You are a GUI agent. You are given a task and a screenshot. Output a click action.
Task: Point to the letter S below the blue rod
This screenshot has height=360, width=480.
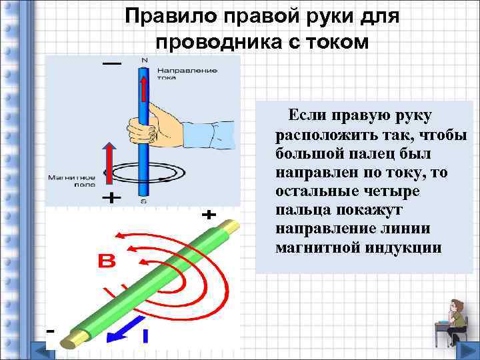coord(143,200)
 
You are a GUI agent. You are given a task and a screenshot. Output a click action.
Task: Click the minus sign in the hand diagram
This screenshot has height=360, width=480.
coord(111,63)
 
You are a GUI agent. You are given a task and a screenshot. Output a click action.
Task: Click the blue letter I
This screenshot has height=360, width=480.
coord(144,337)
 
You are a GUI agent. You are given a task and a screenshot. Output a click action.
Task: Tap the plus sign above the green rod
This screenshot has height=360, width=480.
coord(209,215)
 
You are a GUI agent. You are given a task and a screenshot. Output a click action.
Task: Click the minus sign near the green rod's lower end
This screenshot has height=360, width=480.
coord(50,331)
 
